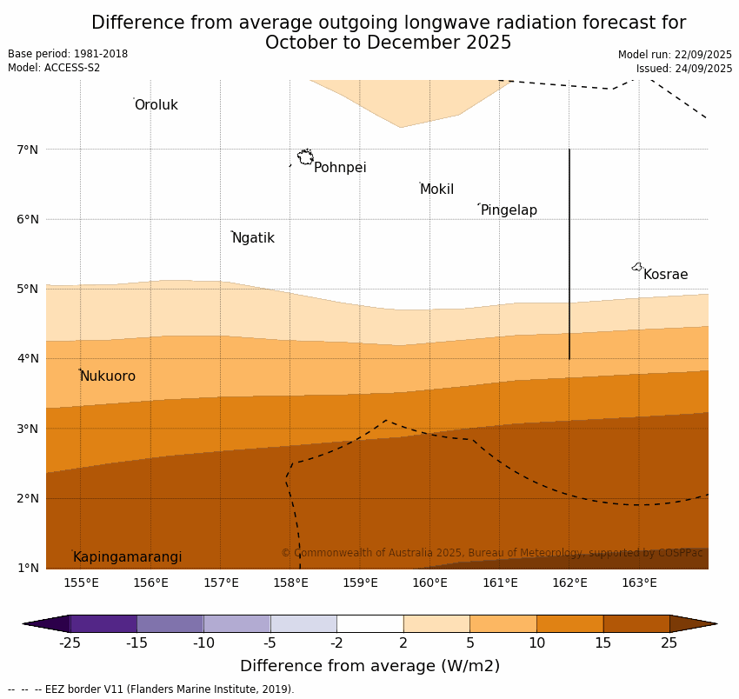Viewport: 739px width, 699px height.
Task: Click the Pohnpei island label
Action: (340, 168)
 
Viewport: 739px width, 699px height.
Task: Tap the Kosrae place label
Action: (665, 275)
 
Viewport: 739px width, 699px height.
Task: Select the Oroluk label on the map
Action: (156, 105)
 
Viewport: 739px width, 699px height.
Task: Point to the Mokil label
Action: (436, 190)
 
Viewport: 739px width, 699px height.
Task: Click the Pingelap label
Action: (509, 210)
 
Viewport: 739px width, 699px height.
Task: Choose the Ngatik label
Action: (253, 238)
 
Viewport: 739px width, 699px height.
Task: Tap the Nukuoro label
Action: (108, 376)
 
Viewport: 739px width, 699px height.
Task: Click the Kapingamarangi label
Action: (127, 557)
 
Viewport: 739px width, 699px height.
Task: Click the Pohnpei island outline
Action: (305, 157)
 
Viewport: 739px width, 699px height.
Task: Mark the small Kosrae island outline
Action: (637, 267)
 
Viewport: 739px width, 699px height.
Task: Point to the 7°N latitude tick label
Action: (28, 150)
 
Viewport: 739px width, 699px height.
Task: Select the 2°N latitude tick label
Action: (28, 498)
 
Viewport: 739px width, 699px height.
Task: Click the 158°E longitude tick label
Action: (290, 582)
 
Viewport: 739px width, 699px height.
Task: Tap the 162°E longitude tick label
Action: (569, 582)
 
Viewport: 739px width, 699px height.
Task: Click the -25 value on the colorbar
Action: (70, 643)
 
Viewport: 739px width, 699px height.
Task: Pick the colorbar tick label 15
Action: (603, 643)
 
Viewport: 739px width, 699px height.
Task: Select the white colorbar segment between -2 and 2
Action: (369, 623)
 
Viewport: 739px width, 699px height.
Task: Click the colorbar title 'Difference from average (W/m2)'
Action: (369, 667)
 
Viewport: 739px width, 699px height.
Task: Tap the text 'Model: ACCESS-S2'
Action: (54, 68)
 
